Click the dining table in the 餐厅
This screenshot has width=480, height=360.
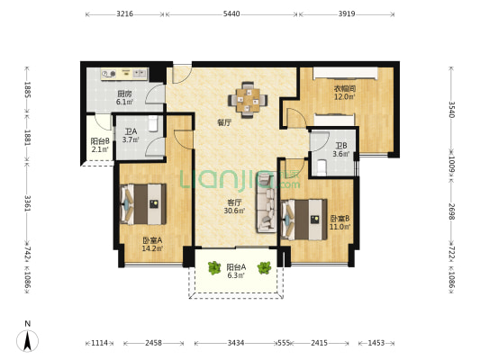coord(248,100)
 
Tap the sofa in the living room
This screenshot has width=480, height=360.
coord(267,202)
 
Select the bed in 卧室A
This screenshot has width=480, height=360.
coord(143,204)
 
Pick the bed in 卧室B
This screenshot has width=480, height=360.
coord(303,220)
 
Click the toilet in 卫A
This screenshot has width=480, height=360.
coord(153,123)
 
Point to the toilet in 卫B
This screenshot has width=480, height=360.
coord(322,167)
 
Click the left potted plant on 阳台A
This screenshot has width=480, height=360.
coord(214,267)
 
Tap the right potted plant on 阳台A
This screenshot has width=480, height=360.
coord(264,267)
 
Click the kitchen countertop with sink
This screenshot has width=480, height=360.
coord(124,74)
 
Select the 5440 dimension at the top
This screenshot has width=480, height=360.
coord(231,13)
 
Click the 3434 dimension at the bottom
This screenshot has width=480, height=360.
coord(236,343)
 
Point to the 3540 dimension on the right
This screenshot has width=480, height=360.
coord(452,109)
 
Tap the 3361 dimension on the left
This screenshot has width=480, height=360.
coord(27,203)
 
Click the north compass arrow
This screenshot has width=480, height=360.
coord(28,341)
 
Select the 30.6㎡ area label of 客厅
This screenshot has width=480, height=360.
coord(234,211)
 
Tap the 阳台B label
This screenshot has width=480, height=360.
coord(100,141)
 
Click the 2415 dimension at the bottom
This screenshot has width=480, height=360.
coord(320,343)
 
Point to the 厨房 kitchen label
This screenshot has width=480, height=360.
coord(124,94)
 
